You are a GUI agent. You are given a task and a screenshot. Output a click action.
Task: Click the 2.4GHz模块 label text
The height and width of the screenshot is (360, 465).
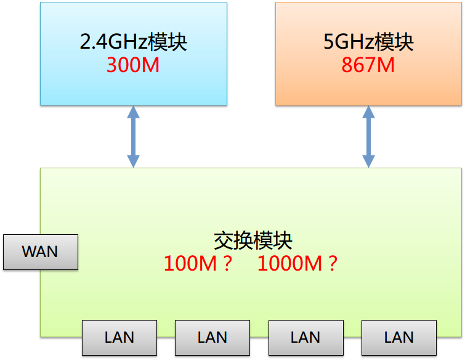click(x=133, y=43)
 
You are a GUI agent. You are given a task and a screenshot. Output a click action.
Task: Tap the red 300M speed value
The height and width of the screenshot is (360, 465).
click(x=133, y=65)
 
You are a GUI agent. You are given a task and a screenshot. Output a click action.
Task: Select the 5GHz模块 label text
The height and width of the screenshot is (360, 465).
click(x=368, y=43)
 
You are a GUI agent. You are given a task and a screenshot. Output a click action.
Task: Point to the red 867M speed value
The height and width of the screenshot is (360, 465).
click(x=368, y=65)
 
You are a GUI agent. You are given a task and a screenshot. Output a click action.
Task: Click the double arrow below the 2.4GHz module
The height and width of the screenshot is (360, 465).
click(x=133, y=136)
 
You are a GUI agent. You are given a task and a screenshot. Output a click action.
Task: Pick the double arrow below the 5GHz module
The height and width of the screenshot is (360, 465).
click(x=368, y=136)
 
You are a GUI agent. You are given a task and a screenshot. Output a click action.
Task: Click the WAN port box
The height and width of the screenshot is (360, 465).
click(x=41, y=252)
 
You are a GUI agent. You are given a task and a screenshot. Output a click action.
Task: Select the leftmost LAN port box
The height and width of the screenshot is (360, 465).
click(x=119, y=337)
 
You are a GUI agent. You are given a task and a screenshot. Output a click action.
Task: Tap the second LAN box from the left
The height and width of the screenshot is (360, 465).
click(x=212, y=337)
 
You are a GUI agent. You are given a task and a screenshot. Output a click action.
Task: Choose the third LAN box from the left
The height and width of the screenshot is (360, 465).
click(x=305, y=337)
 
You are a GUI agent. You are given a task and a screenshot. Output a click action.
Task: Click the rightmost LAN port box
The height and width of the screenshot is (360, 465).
click(x=398, y=337)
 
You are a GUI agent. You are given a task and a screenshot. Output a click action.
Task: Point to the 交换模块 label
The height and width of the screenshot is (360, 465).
click(x=253, y=240)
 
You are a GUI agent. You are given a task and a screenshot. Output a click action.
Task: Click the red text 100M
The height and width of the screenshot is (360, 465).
click(x=190, y=264)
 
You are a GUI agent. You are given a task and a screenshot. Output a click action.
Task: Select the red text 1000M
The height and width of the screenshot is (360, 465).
click(x=290, y=264)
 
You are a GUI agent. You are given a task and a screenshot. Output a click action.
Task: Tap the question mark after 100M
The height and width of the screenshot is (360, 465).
click(x=227, y=264)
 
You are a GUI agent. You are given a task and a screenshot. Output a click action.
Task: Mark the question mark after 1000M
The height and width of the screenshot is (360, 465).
click(x=333, y=264)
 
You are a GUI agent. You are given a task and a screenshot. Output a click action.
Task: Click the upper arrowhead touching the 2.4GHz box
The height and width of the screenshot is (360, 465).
click(x=133, y=112)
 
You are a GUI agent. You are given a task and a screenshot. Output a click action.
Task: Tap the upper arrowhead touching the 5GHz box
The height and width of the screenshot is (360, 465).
click(x=368, y=112)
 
